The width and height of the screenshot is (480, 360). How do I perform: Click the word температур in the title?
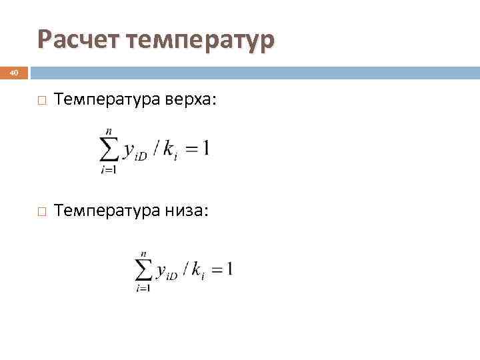tap(201, 41)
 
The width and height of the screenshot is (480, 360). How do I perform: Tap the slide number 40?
tap(14, 72)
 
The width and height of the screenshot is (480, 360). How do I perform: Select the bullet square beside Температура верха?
tap(42, 101)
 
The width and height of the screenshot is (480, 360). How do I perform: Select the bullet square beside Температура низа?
tap(42, 211)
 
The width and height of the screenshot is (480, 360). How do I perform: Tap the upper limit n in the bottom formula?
tap(144, 255)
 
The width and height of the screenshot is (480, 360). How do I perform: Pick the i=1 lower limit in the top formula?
tap(109, 171)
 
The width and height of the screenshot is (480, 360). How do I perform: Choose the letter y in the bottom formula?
tap(161, 271)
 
